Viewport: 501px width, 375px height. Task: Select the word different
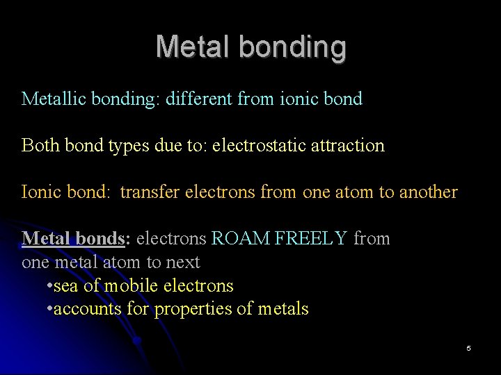pos(199,99)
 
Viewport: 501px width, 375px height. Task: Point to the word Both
pos(40,145)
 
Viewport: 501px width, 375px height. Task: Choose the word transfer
pos(150,192)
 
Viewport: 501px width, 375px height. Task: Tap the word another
pos(429,192)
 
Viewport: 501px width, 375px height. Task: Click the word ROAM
pos(241,238)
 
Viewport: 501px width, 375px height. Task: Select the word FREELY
pos(311,238)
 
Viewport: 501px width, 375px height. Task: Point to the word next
pos(183,262)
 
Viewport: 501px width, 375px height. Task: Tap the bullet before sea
pos(49,286)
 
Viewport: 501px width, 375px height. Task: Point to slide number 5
pos(468,348)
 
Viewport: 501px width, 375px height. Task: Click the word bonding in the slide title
pos(292,47)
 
